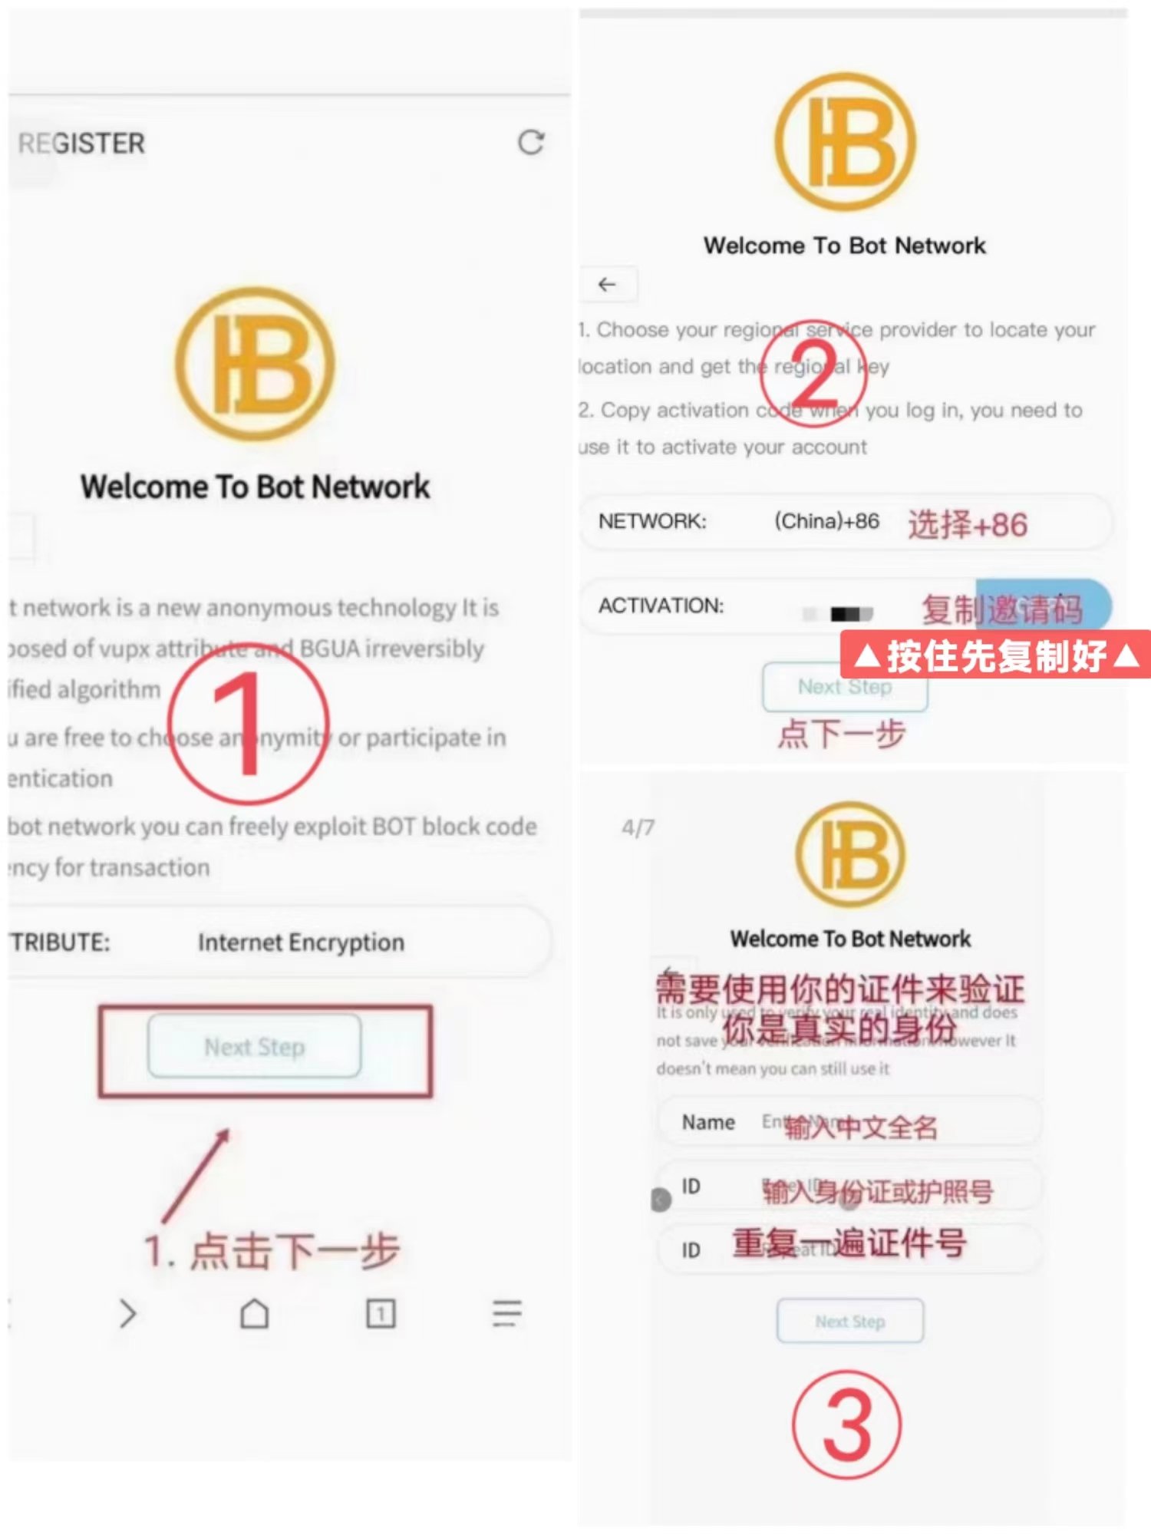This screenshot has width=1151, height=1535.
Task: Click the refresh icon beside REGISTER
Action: pos(530,142)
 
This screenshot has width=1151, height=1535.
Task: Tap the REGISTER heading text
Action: pos(81,144)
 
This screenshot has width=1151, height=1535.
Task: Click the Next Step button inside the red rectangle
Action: pos(254,1047)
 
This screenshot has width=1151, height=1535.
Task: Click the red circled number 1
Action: pos(248,724)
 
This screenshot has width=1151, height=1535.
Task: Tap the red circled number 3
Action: pos(846,1424)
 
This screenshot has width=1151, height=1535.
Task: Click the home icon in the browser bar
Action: pos(254,1313)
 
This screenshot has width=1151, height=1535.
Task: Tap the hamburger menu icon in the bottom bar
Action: pos(506,1313)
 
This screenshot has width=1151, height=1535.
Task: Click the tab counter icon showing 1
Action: pos(381,1313)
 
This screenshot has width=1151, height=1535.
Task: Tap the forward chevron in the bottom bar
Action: pos(127,1313)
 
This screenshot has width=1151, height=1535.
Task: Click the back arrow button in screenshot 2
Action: pos(607,285)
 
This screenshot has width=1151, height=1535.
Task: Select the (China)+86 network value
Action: pos(826,521)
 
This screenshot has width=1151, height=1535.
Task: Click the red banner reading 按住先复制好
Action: pos(995,655)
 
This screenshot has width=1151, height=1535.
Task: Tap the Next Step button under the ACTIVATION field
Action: pos(845,687)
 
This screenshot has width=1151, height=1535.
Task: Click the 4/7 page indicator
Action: pos(638,827)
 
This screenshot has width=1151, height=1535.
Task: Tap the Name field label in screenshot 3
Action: pos(708,1122)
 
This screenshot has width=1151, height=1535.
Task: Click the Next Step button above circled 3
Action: pos(849,1321)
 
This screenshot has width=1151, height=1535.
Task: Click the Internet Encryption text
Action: pos(301,942)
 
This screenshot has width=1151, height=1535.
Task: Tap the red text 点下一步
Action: pos(842,734)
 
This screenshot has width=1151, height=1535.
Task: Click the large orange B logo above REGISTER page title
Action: pos(255,363)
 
